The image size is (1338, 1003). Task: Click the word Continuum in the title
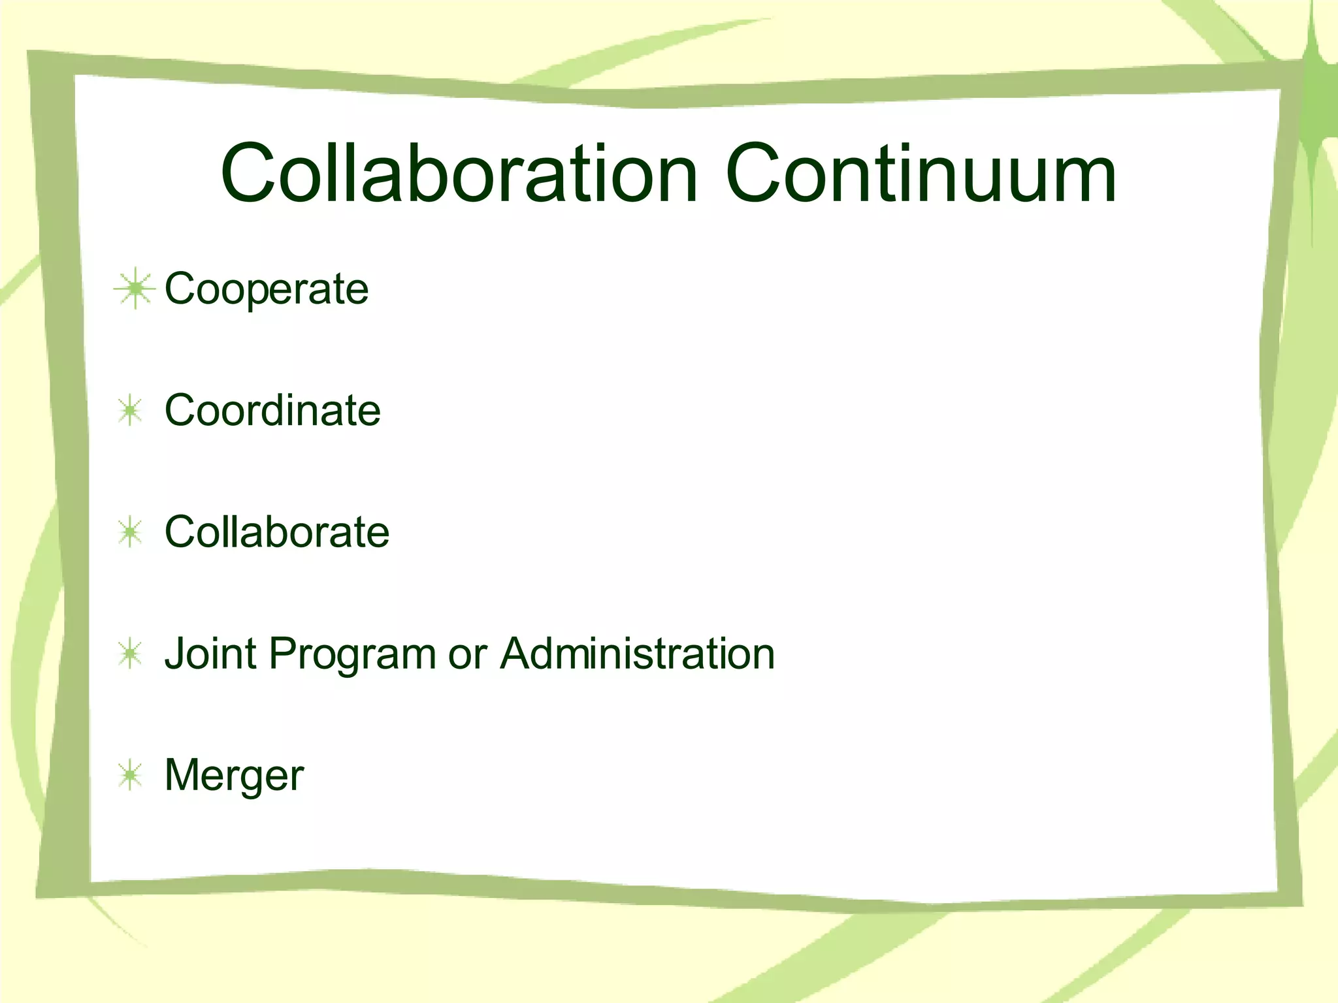[921, 174]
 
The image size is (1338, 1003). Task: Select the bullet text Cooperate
[267, 289]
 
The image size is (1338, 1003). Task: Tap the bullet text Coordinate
[272, 411]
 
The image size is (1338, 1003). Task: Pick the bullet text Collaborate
[277, 532]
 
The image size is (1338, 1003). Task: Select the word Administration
[638, 653]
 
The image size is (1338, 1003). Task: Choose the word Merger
[234, 776]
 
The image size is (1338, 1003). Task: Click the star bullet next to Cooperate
[134, 288]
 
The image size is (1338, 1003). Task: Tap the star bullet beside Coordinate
[131, 411]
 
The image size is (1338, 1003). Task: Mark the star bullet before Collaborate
[131, 532]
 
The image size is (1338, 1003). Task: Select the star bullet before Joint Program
[131, 654]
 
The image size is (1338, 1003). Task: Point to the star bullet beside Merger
[131, 775]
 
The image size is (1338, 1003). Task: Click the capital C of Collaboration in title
[252, 174]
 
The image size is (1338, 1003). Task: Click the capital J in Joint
[174, 653]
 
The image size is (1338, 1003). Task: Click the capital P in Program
[283, 653]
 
